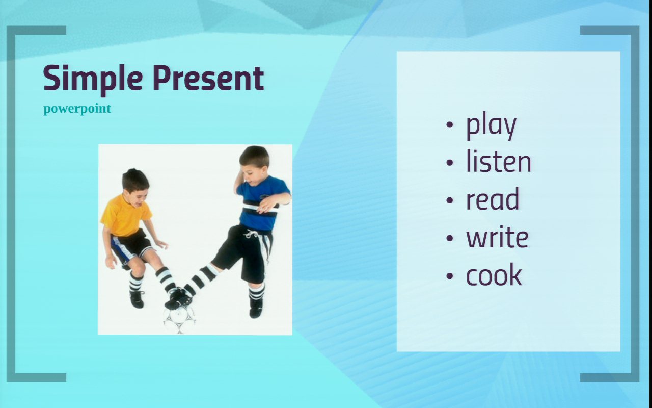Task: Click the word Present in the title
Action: (208, 78)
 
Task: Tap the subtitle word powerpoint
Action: (77, 109)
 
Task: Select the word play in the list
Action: (492, 126)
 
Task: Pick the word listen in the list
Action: (499, 161)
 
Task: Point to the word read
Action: (493, 199)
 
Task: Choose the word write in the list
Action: (497, 237)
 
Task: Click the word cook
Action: (494, 275)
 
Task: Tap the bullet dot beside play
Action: (450, 125)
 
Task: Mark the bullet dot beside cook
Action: (450, 276)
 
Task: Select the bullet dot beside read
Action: (450, 200)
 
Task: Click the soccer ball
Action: (179, 319)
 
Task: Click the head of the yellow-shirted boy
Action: (135, 184)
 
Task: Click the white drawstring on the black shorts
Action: (251, 234)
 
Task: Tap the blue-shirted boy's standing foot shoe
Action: (256, 308)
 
